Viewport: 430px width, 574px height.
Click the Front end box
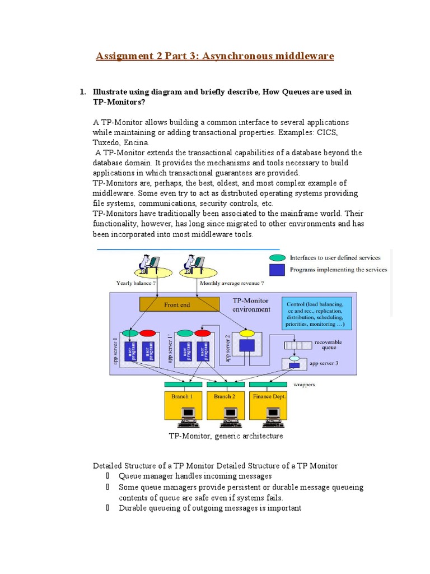[179, 304]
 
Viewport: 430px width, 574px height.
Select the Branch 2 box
[225, 397]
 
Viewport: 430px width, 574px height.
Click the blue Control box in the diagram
[317, 313]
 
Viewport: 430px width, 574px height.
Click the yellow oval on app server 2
[247, 333]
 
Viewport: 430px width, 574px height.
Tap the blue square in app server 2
[247, 346]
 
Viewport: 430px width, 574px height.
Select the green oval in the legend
[277, 258]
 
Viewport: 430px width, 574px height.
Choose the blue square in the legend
[277, 270]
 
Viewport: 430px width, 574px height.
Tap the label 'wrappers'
[305, 385]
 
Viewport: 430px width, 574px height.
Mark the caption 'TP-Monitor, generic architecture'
[226, 436]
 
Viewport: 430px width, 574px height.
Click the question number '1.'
[82, 92]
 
